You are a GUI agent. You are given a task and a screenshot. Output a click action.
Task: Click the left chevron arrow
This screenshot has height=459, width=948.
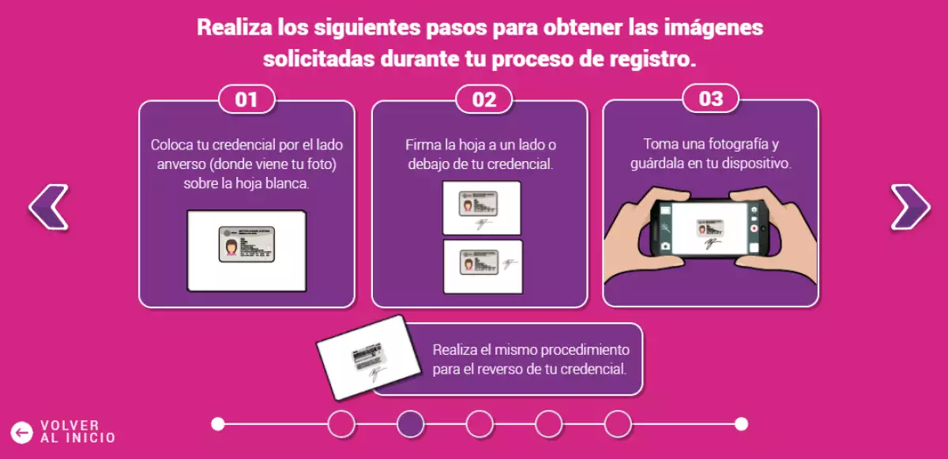pyautogui.click(x=48, y=208)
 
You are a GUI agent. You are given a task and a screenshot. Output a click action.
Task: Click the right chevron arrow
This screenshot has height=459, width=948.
pyautogui.click(x=910, y=208)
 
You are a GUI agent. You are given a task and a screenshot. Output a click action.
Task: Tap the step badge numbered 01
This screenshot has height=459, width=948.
pyautogui.click(x=246, y=100)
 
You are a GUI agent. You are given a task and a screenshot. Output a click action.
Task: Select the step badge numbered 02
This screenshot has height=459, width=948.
pyautogui.click(x=483, y=100)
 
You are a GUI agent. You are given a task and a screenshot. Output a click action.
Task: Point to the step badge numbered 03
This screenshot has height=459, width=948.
pyautogui.click(x=711, y=99)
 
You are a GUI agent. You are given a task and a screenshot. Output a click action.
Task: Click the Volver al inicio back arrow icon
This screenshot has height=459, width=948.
pyautogui.click(x=21, y=431)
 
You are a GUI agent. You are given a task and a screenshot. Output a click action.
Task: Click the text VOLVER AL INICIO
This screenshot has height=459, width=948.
pyautogui.click(x=77, y=431)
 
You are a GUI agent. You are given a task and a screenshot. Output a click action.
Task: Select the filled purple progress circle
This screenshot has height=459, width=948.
pyautogui.click(x=410, y=424)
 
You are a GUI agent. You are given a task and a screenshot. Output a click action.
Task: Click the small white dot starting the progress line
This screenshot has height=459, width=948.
pyautogui.click(x=218, y=424)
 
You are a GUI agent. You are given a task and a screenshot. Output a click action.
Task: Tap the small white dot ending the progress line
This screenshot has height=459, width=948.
pyautogui.click(x=741, y=424)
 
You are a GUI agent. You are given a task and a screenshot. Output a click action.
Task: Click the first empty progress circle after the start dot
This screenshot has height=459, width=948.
pyautogui.click(x=341, y=424)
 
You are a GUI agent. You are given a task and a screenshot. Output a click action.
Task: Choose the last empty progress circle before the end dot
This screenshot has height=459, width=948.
pyautogui.click(x=618, y=424)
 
